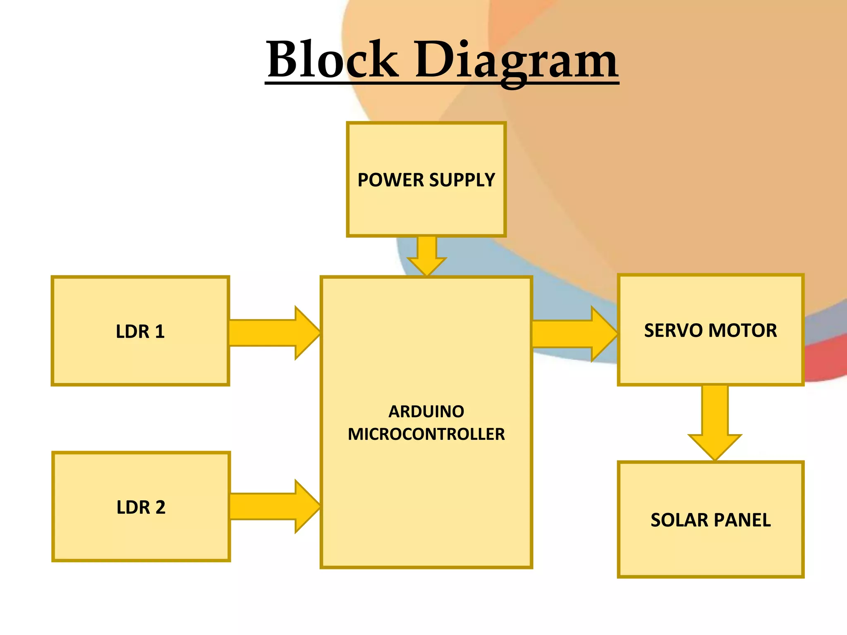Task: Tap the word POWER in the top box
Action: pos(390,180)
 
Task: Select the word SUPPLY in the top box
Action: pos(462,180)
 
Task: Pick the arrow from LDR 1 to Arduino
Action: pos(273,333)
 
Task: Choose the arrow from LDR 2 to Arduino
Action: pos(273,506)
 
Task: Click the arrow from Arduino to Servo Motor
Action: pos(573,334)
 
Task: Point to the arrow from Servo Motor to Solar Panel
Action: pos(715,422)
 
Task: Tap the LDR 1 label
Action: pos(140,332)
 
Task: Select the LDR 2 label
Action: pos(141,507)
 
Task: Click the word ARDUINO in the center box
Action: pos(426,412)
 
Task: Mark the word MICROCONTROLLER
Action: pos(426,434)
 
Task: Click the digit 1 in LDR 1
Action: pos(160,332)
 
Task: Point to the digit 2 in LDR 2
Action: pos(160,507)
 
